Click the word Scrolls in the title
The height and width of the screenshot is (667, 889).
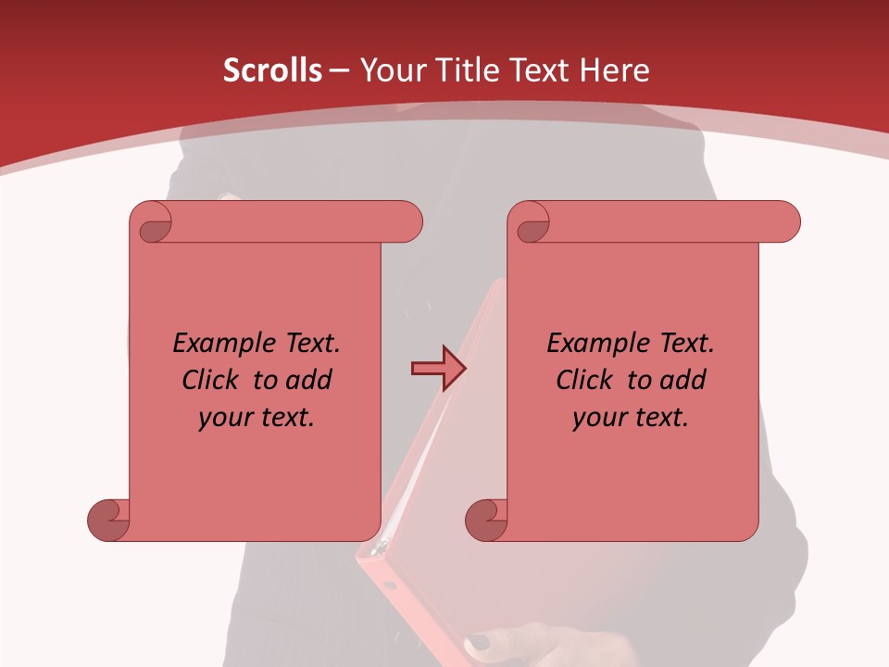click(272, 70)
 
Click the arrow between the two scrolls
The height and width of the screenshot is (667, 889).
click(437, 369)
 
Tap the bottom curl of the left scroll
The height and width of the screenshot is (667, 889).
click(109, 519)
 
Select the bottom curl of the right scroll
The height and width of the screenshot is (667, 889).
click(486, 519)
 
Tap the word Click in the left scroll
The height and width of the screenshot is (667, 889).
click(213, 380)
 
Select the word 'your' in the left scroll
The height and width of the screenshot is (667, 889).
click(222, 419)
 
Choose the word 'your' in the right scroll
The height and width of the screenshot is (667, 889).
click(596, 419)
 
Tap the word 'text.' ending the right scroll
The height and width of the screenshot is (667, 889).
click(662, 418)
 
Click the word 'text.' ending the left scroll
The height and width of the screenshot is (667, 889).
click(288, 418)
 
